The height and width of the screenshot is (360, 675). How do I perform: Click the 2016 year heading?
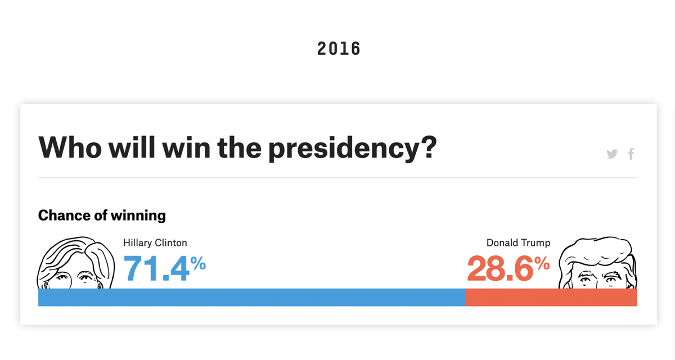339,49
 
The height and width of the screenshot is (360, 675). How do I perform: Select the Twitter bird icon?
613,154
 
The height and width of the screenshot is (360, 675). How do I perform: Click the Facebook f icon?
631,154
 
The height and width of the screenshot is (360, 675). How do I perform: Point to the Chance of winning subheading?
102,215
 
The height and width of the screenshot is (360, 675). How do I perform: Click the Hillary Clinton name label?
155,243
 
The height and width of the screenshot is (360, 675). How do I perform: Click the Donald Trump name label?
518,243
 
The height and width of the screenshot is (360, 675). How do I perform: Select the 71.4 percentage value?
156,268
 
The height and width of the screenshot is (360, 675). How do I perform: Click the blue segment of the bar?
251,298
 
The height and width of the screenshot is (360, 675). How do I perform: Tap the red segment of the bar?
551,298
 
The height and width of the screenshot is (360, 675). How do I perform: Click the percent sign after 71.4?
197,263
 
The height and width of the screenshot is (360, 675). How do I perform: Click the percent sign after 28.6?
542,263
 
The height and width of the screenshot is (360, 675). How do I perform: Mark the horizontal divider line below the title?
337,178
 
